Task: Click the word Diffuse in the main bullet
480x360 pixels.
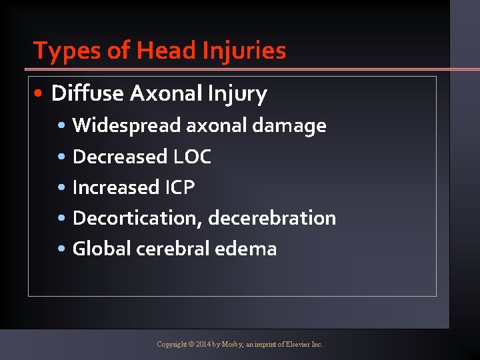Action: tap(87, 94)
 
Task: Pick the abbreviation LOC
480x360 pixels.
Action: tap(192, 157)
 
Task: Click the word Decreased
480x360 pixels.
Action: tap(119, 157)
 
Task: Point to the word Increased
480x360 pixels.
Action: tap(115, 187)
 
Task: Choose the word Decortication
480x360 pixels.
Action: tap(137, 218)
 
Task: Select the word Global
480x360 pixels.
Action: tap(101, 249)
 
